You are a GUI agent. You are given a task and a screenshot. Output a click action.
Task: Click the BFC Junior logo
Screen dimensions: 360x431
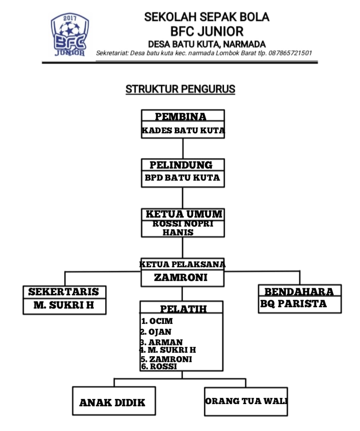70,35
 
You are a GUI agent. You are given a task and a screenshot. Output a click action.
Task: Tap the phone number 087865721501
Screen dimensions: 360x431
290,53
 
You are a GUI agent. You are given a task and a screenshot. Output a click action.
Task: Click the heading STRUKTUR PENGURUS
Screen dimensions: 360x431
180,89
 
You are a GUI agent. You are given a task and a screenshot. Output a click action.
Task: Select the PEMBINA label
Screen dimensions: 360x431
181,117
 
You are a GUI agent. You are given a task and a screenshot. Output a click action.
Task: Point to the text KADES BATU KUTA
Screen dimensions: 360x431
183,130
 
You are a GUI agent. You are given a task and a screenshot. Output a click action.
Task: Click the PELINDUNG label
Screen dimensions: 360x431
181,165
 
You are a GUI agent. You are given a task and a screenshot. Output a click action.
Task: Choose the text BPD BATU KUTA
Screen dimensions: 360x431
182,178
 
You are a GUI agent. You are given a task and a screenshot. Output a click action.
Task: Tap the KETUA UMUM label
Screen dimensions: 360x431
184,214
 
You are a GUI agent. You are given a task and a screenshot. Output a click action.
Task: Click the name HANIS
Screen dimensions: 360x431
178,232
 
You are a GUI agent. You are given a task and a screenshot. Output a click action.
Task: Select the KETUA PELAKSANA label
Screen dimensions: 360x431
182,264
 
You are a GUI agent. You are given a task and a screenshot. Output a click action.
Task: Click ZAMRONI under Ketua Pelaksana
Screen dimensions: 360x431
181,277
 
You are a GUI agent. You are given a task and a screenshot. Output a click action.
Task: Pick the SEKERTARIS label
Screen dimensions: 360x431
63,292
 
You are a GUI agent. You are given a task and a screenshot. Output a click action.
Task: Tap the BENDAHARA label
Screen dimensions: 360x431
299,292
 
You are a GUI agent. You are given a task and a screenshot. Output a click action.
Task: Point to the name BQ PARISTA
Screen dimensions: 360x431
294,304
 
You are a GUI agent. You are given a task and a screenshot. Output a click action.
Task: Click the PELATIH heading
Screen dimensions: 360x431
183,309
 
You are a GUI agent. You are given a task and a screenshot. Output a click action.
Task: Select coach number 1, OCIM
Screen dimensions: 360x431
157,321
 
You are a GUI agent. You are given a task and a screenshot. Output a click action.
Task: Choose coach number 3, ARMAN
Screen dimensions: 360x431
161,342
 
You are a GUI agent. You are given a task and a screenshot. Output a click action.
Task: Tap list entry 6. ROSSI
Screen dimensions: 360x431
159,367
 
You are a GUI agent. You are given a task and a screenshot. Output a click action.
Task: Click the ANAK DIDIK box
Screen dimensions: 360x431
114,401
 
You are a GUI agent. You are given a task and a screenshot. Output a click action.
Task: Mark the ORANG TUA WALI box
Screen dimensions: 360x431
246,402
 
